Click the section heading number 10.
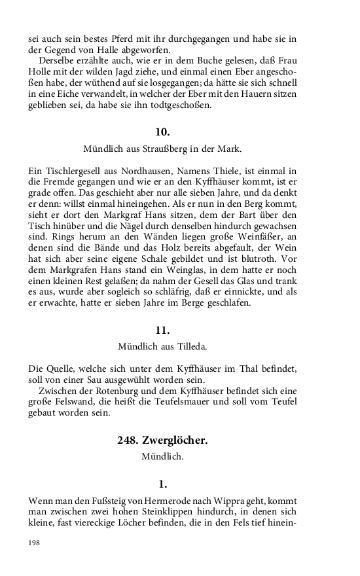pyautogui.click(x=162, y=132)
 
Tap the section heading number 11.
pyautogui.click(x=162, y=330)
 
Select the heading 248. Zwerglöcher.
pyautogui.click(x=162, y=441)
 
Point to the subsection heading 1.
pyautogui.click(x=163, y=484)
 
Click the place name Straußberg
pyautogui.click(x=171, y=149)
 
